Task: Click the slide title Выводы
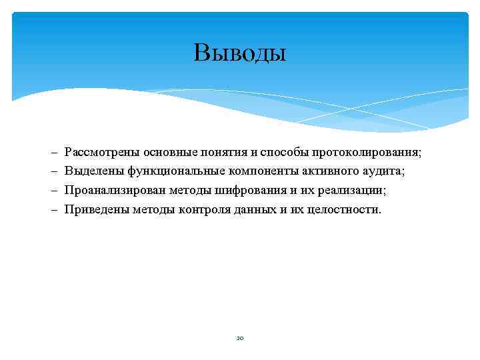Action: [x=240, y=52]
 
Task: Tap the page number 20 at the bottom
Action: [x=240, y=338]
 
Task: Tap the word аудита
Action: [x=383, y=172]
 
